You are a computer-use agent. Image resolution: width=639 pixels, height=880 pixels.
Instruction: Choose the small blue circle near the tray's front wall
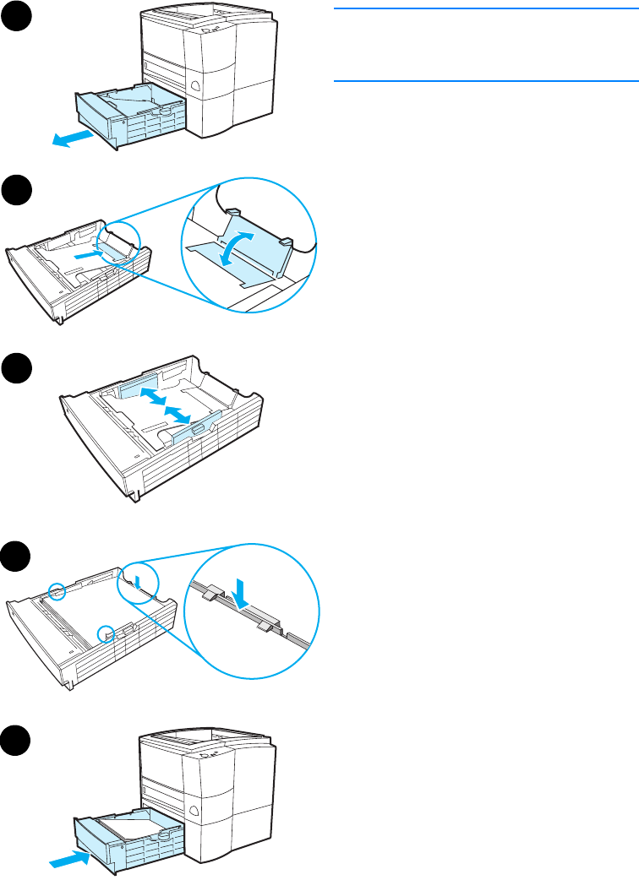(x=105, y=632)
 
